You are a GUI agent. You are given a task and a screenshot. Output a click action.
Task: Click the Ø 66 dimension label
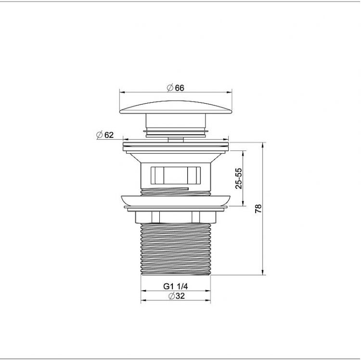click(176, 88)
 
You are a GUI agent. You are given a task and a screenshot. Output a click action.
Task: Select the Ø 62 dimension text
click(105, 135)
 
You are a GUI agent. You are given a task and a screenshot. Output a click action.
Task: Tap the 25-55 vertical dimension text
click(239, 178)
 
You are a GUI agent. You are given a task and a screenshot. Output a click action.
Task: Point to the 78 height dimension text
click(258, 208)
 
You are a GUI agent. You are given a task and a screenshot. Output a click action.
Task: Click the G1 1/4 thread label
click(175, 286)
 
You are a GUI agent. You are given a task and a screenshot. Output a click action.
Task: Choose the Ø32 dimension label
click(177, 296)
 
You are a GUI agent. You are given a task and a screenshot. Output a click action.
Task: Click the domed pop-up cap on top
click(176, 107)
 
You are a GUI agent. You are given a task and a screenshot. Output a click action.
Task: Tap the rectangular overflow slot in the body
click(175, 175)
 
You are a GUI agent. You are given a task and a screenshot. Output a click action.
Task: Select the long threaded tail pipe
click(175, 249)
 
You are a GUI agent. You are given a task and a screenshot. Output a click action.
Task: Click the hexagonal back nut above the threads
click(175, 217)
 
